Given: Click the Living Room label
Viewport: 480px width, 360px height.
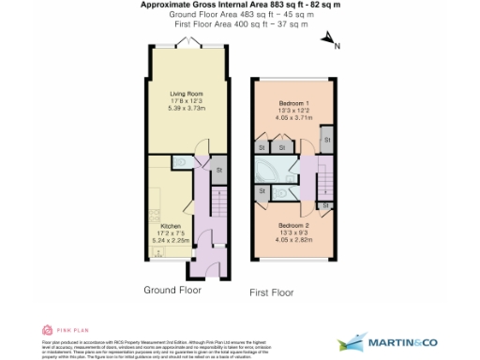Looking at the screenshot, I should [x=184, y=94].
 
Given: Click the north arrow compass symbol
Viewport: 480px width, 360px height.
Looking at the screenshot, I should [x=329, y=40].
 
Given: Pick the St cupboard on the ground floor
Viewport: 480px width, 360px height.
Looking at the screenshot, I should [x=218, y=171].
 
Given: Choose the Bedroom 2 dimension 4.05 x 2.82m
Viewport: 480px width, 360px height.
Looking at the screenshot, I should [x=292, y=240].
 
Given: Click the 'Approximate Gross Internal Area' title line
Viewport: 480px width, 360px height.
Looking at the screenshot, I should [x=240, y=5].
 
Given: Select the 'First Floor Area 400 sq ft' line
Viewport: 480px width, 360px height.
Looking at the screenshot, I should [x=240, y=25].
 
